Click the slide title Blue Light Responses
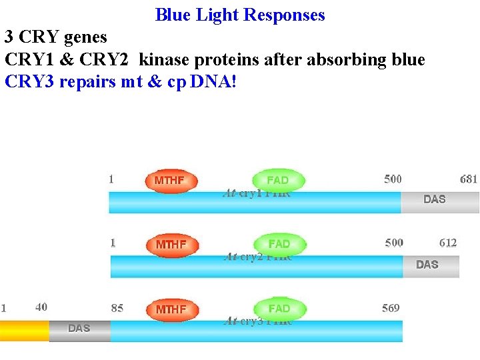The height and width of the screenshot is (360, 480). [240, 15]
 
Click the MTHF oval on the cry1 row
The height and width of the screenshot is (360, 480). [171, 181]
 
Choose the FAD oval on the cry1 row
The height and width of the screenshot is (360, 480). [278, 181]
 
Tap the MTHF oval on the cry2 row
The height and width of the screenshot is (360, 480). [171, 245]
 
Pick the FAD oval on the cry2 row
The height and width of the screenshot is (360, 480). [279, 245]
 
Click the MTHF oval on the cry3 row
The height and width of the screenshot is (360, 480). [171, 309]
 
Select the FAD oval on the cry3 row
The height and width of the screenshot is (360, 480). [279, 309]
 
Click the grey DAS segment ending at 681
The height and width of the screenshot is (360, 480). [439, 200]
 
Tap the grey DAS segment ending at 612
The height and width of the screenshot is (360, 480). [431, 265]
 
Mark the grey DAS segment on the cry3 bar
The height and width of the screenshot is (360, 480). [79, 329]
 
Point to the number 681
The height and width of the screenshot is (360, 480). [469, 179]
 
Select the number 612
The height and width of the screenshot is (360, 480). [448, 243]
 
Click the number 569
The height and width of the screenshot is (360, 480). [391, 307]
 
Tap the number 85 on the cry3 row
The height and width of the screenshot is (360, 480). [117, 308]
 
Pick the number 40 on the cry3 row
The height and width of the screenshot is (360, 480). [41, 307]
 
